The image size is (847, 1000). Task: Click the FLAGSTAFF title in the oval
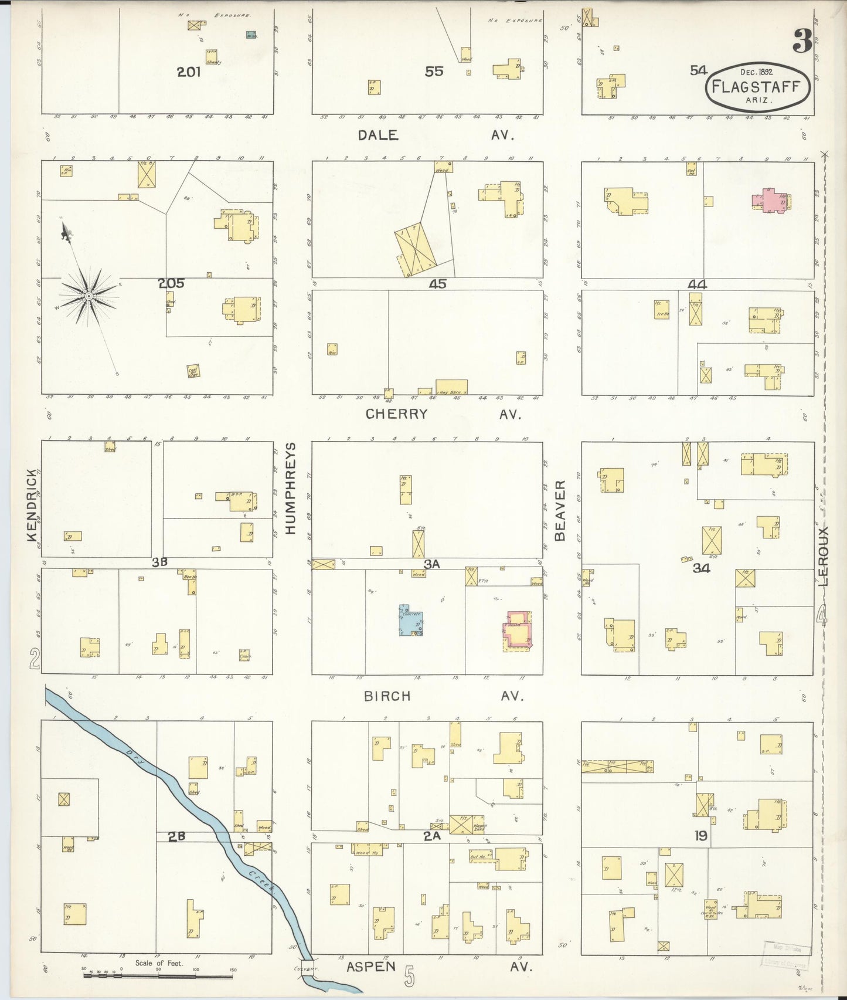tap(756, 87)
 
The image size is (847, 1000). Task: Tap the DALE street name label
tap(378, 135)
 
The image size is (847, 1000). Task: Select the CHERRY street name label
tap(396, 414)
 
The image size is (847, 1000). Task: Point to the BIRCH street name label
tap(387, 696)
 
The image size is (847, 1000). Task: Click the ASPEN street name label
tap(370, 967)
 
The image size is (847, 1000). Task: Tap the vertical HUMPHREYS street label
tap(290, 488)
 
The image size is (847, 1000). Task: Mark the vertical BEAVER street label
tap(560, 510)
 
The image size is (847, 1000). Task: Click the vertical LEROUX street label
tap(824, 556)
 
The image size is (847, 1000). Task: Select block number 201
tap(189, 72)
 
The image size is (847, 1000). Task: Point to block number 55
tap(434, 72)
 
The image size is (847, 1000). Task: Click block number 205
tap(171, 283)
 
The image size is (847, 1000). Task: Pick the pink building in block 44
tap(769, 199)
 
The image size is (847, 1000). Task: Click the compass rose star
tap(89, 296)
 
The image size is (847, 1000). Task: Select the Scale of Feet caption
tap(159, 963)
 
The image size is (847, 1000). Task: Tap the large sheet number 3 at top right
tap(802, 41)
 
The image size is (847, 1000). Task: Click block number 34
tap(701, 568)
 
